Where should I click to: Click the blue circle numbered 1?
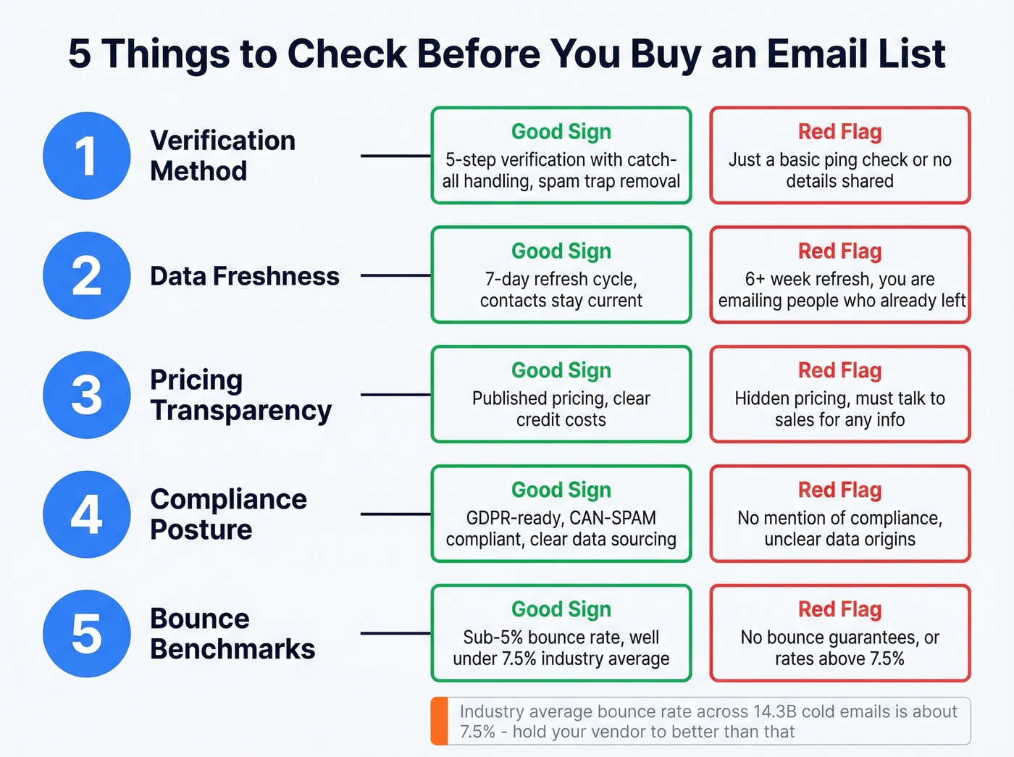tap(87, 156)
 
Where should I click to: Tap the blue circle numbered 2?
tap(87, 275)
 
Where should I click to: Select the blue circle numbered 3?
tap(87, 395)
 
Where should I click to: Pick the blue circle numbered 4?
tap(87, 514)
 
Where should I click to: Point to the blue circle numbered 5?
tap(87, 634)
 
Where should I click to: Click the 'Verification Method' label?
tap(222, 156)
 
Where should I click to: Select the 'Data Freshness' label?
tap(244, 276)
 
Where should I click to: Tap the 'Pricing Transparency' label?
tap(240, 395)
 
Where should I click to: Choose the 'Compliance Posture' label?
tap(228, 514)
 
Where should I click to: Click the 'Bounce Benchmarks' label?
tap(232, 634)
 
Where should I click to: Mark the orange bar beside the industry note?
tap(439, 722)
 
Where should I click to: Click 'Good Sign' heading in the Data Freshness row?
tap(561, 251)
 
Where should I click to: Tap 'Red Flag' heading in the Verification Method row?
tap(839, 132)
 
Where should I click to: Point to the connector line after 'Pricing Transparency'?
tap(395, 395)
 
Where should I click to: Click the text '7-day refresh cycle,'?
tap(561, 280)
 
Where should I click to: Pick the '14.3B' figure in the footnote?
tap(774, 711)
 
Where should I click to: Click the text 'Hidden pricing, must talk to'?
tap(839, 398)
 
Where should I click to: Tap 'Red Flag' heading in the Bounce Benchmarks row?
tap(839, 609)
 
